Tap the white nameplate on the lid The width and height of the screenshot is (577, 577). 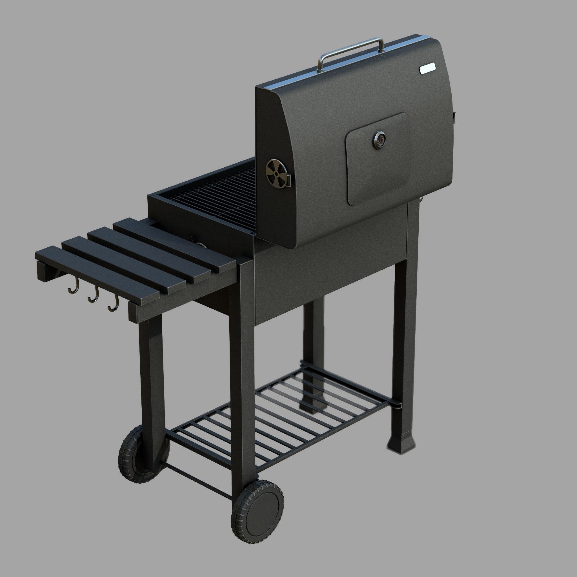tap(427, 69)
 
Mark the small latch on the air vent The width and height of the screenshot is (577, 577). tap(289, 180)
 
